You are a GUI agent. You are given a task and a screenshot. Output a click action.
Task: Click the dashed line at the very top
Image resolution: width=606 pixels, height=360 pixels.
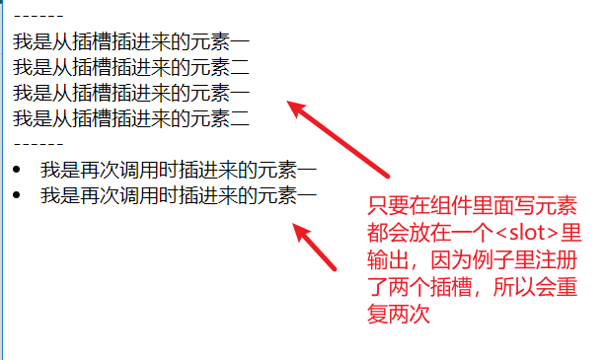point(38,16)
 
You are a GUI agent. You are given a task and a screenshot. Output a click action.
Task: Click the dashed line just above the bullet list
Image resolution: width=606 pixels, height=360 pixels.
point(38,144)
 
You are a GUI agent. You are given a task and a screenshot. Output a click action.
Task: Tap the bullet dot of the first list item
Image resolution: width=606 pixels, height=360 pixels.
point(14,170)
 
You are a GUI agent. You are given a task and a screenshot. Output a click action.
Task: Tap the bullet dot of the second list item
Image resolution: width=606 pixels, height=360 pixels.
point(14,195)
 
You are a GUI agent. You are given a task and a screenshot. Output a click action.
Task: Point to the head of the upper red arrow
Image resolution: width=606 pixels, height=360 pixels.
point(293,105)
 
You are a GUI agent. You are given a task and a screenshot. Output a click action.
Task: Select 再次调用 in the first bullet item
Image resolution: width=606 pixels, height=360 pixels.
point(119,170)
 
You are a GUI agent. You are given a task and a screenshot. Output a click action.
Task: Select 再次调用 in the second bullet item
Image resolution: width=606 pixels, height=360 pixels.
point(119,195)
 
